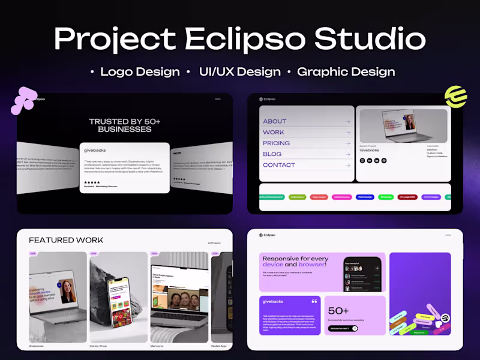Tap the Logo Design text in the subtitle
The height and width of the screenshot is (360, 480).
point(140,72)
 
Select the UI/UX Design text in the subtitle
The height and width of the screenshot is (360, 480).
point(239,72)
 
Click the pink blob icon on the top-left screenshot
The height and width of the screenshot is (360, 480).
point(24,100)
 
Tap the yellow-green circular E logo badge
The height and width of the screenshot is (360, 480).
point(455,97)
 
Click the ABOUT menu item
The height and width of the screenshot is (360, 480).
point(275,121)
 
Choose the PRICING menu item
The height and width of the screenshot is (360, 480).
point(276,143)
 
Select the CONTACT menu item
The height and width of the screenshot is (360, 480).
point(279,165)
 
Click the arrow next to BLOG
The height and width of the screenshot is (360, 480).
point(347,154)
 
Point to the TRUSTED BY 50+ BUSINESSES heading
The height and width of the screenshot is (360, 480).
point(125,125)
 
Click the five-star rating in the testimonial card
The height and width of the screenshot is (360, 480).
point(92,182)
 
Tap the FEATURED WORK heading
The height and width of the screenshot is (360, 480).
point(66,240)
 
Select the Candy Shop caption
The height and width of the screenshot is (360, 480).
point(98,346)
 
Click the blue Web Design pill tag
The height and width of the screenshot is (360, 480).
point(365,197)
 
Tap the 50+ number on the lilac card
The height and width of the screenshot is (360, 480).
point(339,311)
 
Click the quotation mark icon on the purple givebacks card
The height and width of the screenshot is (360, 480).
point(314,301)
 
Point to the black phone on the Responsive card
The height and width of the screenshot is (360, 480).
point(362,275)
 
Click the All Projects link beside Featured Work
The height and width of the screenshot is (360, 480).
point(214,243)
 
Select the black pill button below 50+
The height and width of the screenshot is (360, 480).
point(343,328)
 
